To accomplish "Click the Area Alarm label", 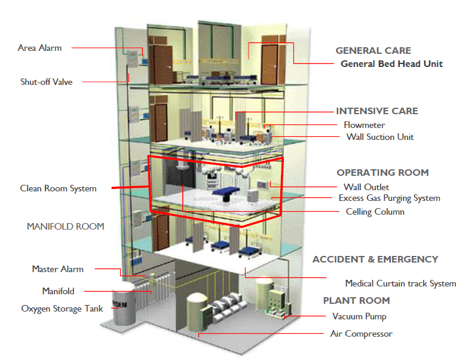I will (39, 48).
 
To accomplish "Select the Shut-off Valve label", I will (46, 82).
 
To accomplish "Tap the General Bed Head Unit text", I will (391, 64).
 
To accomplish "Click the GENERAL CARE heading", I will (373, 51).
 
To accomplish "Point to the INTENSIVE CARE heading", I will (377, 111).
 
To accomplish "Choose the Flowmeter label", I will (364, 125).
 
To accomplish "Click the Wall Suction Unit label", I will (380, 137).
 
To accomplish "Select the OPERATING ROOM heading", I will (382, 173).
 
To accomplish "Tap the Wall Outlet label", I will (366, 187).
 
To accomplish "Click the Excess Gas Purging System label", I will (389, 198).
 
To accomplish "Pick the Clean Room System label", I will (58, 188).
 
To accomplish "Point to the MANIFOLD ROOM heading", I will (66, 227).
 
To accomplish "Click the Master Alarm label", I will (58, 269).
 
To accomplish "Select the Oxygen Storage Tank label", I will (62, 309).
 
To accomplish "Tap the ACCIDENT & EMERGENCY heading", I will (375, 260).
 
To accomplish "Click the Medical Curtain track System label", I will (400, 283).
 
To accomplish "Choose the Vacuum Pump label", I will (359, 316).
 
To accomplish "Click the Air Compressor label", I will (361, 334).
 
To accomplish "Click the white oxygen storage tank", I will (124, 306).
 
